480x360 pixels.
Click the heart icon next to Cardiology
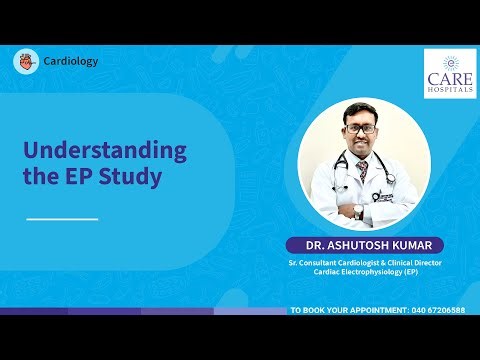[26, 61]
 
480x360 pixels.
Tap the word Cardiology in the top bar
[70, 61]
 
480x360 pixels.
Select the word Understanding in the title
[105, 152]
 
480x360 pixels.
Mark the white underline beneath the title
[62, 218]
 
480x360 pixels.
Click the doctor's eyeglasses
[364, 128]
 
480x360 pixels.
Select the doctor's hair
[364, 111]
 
